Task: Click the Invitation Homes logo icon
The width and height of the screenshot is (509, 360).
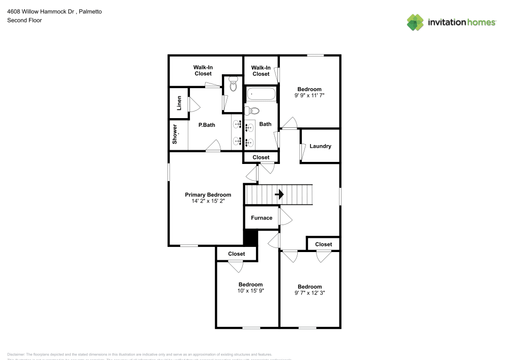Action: (x=415, y=22)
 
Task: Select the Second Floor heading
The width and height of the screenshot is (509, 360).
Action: (x=24, y=20)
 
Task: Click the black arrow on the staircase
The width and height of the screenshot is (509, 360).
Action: (x=279, y=195)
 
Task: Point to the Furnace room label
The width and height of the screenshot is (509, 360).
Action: (x=261, y=218)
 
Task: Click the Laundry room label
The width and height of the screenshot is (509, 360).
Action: (x=320, y=146)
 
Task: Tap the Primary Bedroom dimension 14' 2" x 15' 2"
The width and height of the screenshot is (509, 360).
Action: (x=208, y=201)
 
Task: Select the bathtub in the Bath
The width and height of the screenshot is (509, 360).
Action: (x=261, y=94)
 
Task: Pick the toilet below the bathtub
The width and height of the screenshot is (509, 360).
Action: (x=253, y=110)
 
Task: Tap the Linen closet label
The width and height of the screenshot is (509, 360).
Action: (x=179, y=103)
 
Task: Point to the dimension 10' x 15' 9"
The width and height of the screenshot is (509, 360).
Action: (x=250, y=291)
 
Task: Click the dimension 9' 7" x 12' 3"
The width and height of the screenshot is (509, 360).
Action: (x=309, y=293)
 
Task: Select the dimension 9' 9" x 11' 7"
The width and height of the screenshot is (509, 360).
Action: (x=309, y=95)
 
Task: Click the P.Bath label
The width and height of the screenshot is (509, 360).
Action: (x=206, y=124)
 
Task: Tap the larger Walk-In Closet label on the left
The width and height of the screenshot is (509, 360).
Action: (x=203, y=70)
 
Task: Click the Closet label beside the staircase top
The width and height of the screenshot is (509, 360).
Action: (x=261, y=157)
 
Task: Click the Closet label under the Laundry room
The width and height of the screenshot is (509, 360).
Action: (x=323, y=244)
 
